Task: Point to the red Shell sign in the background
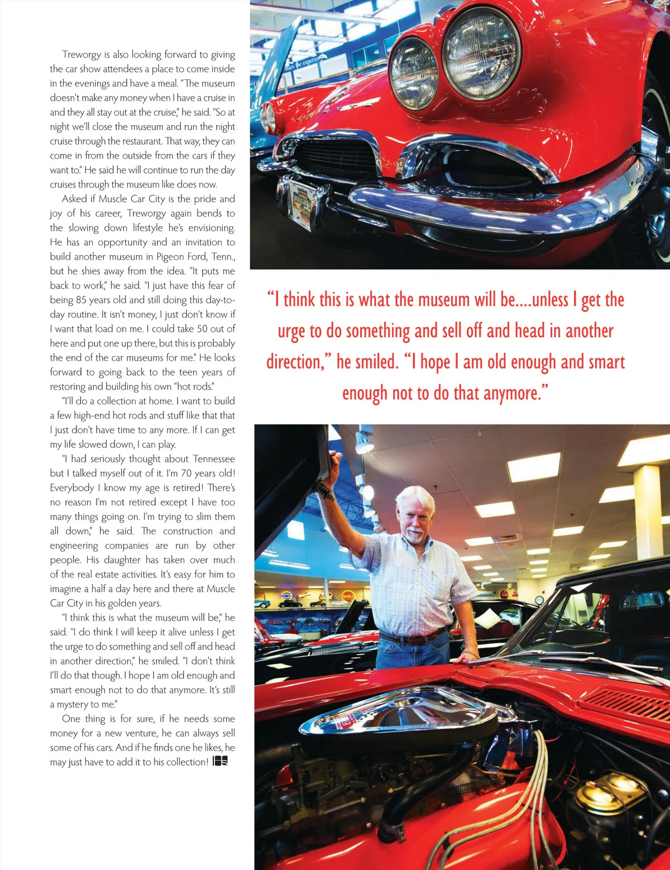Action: coord(347,596)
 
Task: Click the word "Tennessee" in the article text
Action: coord(214,459)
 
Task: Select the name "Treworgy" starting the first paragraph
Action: coord(82,55)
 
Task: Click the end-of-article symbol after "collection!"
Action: coord(220,762)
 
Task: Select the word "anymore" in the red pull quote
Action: coord(513,393)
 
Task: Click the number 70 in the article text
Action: coord(187,474)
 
